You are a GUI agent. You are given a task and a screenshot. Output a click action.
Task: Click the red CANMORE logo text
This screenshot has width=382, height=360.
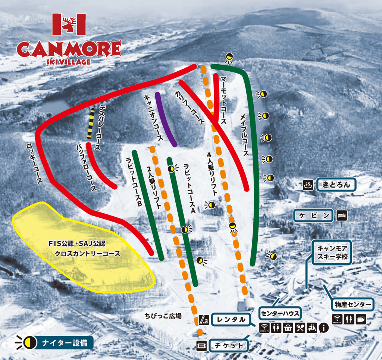pos(69,49)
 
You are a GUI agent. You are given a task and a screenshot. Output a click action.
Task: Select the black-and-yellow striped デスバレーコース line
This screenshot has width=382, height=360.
pos(91,124)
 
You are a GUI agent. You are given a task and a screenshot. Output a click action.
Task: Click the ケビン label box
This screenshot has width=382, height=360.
pos(314,215)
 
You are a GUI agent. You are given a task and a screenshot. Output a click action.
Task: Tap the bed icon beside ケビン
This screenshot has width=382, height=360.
pos(342,215)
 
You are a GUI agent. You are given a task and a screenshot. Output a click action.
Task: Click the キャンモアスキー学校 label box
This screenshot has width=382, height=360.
pos(332,252)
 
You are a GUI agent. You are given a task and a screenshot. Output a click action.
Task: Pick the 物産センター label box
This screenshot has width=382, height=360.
pos(353,304)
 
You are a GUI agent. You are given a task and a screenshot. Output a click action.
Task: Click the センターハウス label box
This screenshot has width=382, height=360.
pos(279,313)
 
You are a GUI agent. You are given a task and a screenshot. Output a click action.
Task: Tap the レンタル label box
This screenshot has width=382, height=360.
pos(231,320)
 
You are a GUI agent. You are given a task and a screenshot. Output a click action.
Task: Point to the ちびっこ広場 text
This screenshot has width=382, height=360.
pos(163,316)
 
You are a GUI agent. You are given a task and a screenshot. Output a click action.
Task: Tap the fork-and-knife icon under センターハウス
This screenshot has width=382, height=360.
pos(300,328)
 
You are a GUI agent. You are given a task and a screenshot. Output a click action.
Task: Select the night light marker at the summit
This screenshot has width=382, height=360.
pos(229,57)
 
